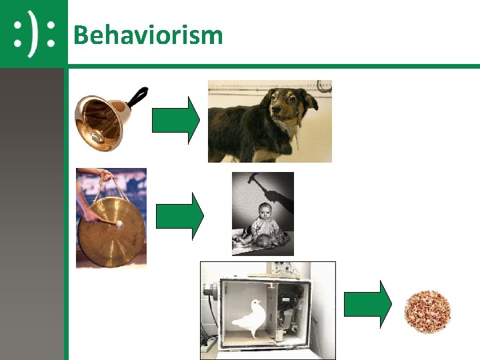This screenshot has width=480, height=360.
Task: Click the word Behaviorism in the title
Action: (148, 34)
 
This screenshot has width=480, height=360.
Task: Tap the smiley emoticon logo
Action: (34, 33)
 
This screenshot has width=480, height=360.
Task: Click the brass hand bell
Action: (100, 121)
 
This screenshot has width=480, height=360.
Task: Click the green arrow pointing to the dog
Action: (176, 120)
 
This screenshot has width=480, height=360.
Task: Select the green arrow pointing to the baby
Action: (179, 216)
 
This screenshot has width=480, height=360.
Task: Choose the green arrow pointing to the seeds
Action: (367, 304)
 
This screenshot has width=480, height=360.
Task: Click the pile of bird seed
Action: (427, 311)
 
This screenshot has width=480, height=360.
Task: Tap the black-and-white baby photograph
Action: (263, 213)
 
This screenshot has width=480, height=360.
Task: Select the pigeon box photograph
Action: (268, 310)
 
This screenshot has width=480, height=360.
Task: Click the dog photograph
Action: (269, 121)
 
